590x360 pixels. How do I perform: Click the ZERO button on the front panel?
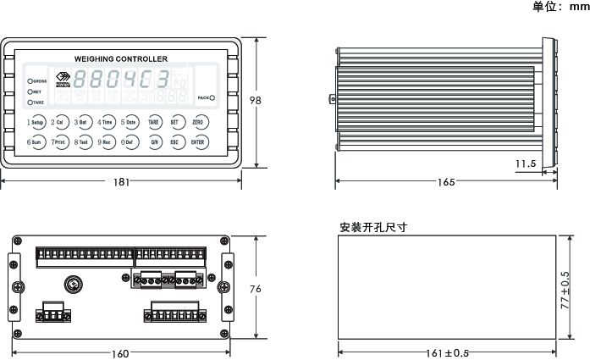point(197,123)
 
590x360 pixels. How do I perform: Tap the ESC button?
point(174,142)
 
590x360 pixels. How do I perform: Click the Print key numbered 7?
point(58,142)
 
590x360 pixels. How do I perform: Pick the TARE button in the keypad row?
point(154,123)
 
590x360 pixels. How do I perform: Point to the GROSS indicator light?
point(31,80)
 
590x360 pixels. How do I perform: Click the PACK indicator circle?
point(212,98)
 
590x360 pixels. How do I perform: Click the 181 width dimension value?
point(122,181)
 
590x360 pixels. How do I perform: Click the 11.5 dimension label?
point(526,163)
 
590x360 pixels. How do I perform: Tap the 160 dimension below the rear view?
point(120,352)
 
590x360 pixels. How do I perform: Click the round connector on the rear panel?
point(71,282)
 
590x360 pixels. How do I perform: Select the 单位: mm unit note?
point(560,7)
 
